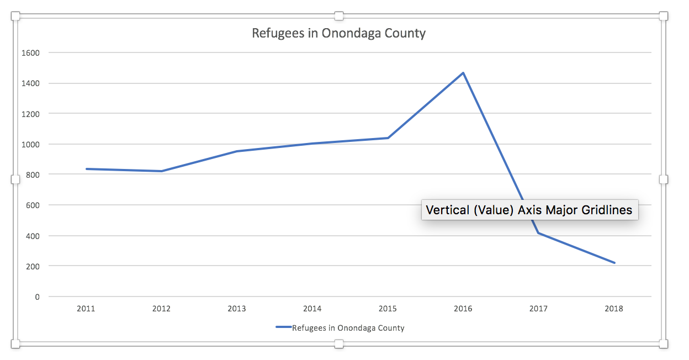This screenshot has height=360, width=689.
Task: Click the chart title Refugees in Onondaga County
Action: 338,33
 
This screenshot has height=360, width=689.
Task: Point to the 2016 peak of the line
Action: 463,73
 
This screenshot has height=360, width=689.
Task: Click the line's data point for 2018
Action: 614,263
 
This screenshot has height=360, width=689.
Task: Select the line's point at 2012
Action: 161,171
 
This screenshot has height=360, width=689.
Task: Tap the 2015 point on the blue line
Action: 388,138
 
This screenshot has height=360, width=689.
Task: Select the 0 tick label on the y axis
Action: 37,297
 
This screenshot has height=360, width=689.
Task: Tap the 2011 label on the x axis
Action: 86,309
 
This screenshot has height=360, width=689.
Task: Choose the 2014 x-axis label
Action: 312,309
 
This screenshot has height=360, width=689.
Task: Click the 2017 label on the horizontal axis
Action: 538,309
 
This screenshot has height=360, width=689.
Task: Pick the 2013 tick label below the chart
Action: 237,309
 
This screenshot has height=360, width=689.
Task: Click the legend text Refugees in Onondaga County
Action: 348,328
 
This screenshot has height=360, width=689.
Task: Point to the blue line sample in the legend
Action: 283,327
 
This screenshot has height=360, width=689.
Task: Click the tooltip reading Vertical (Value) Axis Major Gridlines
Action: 529,210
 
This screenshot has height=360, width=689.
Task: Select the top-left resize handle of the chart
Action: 15,16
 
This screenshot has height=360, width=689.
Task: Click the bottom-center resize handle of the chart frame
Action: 339,344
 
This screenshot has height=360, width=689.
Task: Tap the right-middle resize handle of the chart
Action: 664,179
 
